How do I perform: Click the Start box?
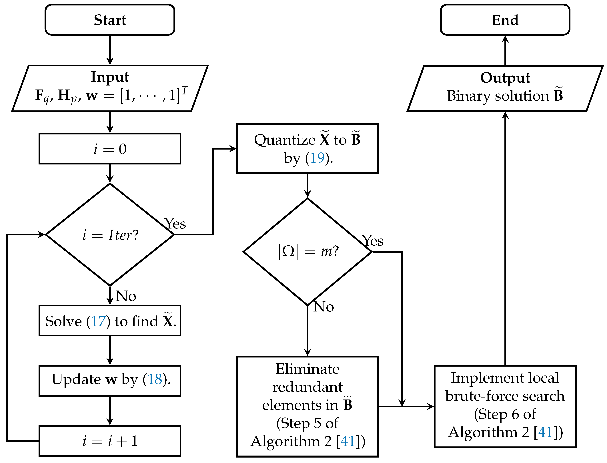(x=110, y=20)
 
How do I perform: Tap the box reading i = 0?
(x=110, y=149)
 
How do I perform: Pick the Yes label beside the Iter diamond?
(x=175, y=224)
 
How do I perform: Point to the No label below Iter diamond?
(x=126, y=296)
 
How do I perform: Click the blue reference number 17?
(x=98, y=321)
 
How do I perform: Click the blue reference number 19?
(x=317, y=158)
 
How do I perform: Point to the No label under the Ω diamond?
(x=324, y=307)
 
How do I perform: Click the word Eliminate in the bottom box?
(x=307, y=369)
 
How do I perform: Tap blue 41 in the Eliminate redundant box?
(x=348, y=441)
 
